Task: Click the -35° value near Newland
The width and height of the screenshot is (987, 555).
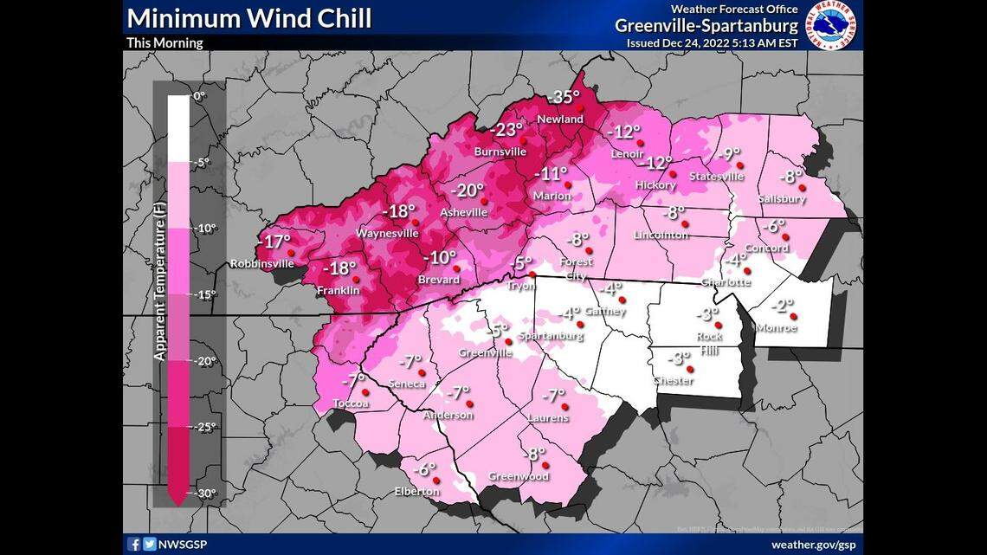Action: [x=567, y=97]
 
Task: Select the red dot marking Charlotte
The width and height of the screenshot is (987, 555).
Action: [x=747, y=271]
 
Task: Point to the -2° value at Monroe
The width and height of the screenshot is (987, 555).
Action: [x=783, y=306]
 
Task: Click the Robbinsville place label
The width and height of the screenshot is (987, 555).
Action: [x=261, y=263]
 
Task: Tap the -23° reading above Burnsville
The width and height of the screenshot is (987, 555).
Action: [x=507, y=130]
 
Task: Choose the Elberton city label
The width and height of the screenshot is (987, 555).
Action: [x=417, y=492]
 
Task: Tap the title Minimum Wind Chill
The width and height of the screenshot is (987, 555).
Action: [x=249, y=18]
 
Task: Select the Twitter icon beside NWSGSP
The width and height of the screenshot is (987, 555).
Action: [x=149, y=545]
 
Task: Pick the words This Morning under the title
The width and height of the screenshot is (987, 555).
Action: [x=164, y=42]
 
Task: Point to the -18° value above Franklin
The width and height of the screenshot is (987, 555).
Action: [x=339, y=268]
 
